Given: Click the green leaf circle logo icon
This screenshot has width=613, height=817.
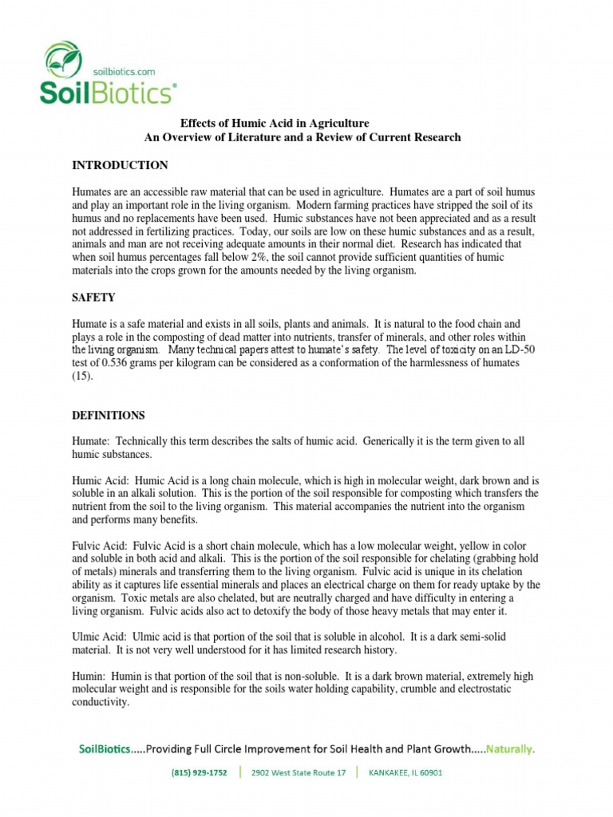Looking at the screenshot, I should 61,60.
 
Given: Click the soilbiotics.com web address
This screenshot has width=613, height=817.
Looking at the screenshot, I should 123,70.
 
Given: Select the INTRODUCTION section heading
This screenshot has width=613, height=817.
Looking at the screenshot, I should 120,165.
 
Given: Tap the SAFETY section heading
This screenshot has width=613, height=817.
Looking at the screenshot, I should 93,298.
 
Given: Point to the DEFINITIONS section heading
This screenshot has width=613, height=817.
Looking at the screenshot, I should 109,416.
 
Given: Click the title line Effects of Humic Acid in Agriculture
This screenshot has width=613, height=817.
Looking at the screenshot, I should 274,124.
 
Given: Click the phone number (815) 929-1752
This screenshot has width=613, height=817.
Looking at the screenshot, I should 200,773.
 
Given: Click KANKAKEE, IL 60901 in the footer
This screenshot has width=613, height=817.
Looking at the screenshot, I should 405,773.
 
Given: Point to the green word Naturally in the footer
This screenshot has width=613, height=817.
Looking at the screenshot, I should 510,749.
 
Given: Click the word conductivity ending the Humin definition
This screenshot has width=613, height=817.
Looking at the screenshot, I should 101,702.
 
